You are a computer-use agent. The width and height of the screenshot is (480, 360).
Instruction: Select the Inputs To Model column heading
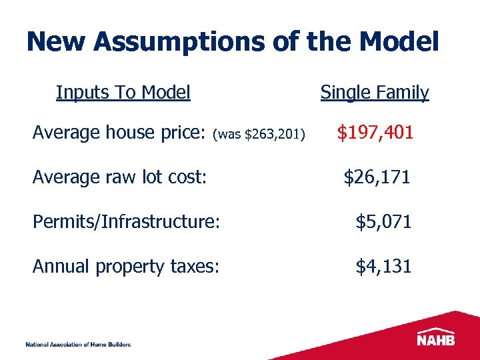pos(123,92)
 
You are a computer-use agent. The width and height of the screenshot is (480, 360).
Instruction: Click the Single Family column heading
pos(375,93)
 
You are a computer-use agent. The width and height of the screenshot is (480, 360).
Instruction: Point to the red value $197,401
pos(375,133)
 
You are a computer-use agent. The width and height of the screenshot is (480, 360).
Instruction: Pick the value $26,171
pos(377,177)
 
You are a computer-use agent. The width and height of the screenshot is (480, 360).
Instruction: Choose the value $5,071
pos(383,222)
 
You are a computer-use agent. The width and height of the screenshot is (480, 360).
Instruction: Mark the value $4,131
pos(383,267)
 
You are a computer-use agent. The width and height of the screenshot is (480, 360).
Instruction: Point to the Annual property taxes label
pos(126,267)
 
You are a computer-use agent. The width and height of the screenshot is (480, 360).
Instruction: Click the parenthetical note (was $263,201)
pos(259,135)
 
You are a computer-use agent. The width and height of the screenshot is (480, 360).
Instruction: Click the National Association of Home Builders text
pos(78,344)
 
